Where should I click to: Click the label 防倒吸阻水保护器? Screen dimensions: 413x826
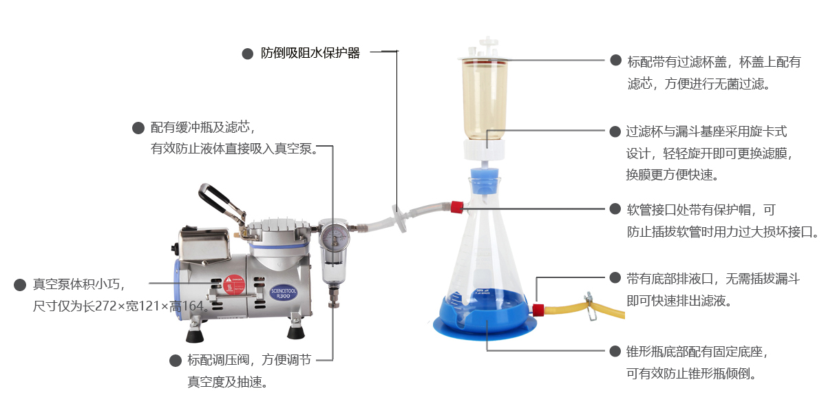click(310, 54)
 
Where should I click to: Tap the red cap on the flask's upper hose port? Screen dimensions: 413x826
click(456, 206)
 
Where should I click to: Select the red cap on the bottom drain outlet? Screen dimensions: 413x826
click(538, 310)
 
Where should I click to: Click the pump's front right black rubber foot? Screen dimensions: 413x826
click(296, 331)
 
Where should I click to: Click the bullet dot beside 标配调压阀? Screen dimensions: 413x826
click(175, 360)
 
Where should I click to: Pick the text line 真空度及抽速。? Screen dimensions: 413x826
click(228, 381)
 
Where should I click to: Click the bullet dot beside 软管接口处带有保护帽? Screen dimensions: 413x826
click(615, 209)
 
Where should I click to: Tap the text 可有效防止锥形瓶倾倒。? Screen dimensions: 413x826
click(692, 374)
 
